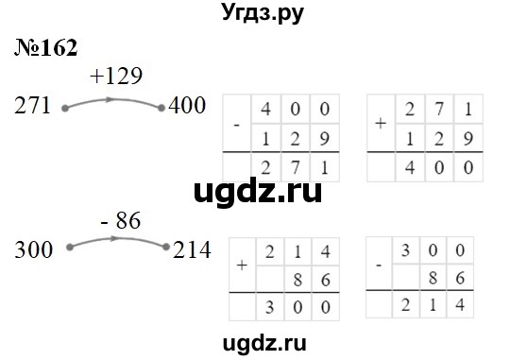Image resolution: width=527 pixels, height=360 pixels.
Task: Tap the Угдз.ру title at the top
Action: (263, 14)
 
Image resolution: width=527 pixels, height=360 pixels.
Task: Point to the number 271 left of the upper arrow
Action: (35, 106)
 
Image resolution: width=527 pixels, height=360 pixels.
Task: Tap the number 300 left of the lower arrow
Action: (35, 250)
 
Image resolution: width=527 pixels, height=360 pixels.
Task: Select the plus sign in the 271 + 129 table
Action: (381, 123)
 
